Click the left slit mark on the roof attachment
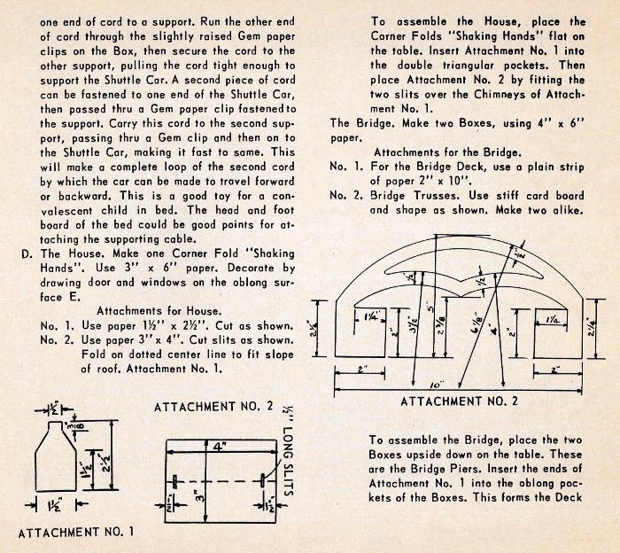[177, 479]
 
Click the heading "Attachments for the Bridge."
[440, 152]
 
